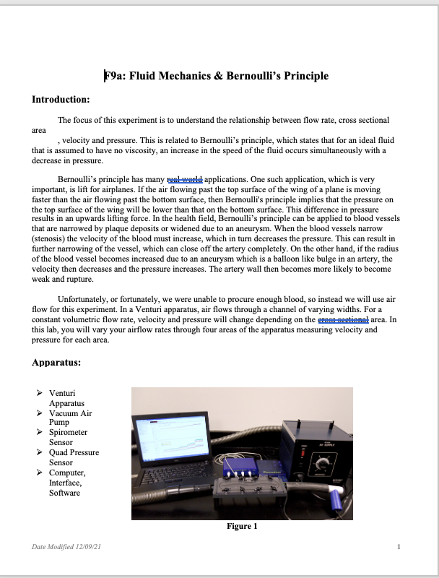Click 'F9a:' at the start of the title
117,76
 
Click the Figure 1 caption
242,526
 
